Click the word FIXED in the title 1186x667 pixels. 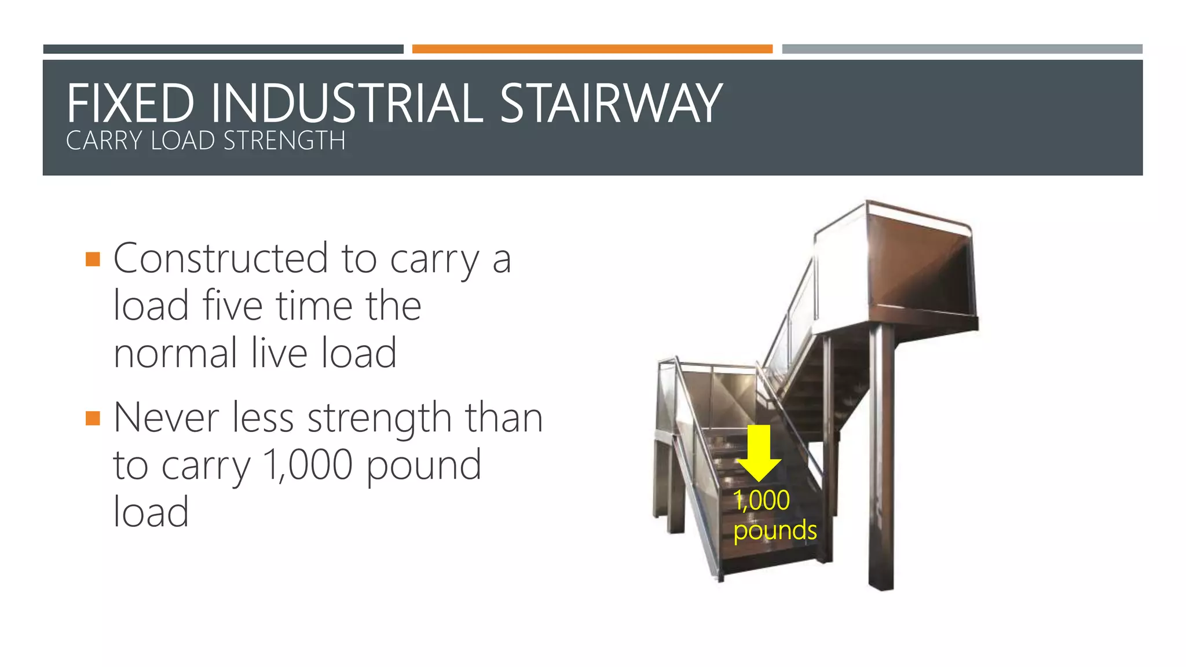coord(130,104)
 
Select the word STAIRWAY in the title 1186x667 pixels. coord(610,104)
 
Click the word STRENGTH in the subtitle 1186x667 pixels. coord(284,141)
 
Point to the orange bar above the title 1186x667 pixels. coord(592,49)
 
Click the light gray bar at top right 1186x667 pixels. coord(962,49)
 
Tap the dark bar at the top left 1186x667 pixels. coord(223,49)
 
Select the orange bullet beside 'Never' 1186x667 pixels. coord(93,417)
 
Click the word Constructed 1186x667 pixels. coord(221,258)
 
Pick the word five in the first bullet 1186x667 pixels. coord(232,306)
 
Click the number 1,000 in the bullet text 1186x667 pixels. coord(308,465)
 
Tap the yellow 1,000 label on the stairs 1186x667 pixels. coord(761,500)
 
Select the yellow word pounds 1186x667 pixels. coord(775,530)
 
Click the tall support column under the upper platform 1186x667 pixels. coord(881,457)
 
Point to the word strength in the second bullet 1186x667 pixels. coord(379,419)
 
